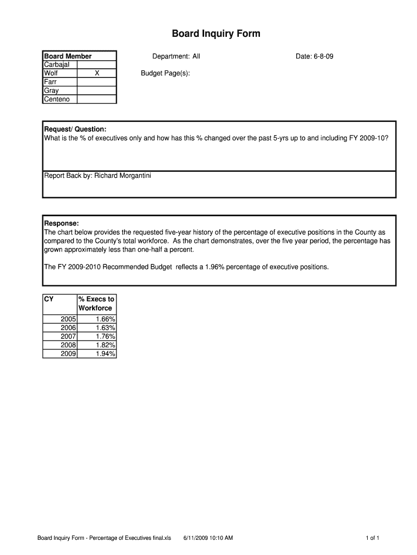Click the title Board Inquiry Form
click(x=216, y=34)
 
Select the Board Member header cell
click(x=68, y=56)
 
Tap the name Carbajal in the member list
click(x=56, y=65)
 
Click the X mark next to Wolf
click(x=97, y=73)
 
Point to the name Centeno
click(x=57, y=99)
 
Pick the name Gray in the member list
click(x=51, y=91)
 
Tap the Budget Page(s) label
click(x=165, y=73)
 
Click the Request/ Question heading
click(x=75, y=129)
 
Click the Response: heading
click(x=61, y=223)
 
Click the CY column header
click(x=49, y=299)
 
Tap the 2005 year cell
click(x=68, y=319)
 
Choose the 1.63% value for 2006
click(x=105, y=328)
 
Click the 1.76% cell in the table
click(x=105, y=337)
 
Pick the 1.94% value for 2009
click(x=105, y=354)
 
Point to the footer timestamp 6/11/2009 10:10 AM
click(x=208, y=538)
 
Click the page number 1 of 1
click(x=373, y=538)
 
